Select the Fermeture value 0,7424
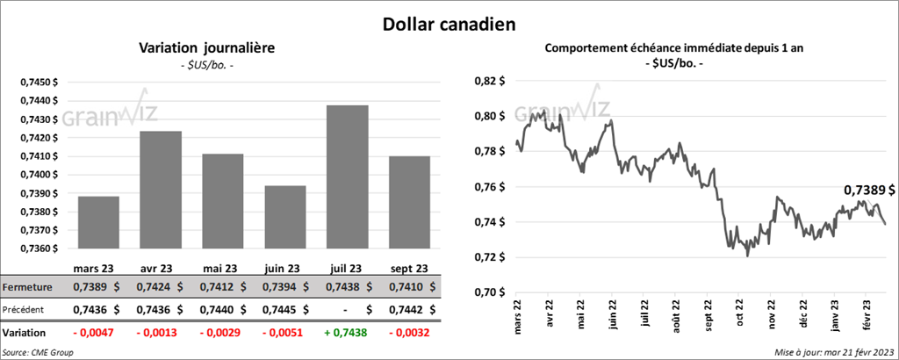tap(155, 287)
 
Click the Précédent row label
tap(24, 309)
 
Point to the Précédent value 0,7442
tap(404, 309)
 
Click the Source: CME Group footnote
tap(37, 351)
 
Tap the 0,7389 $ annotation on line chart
tap(868, 190)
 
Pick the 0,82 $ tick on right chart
tap(488, 81)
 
